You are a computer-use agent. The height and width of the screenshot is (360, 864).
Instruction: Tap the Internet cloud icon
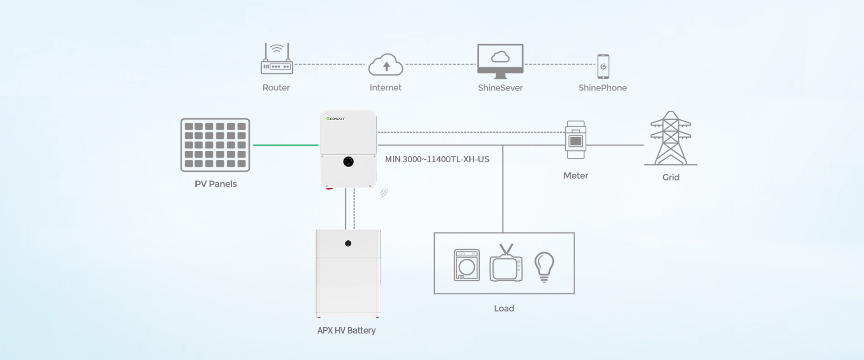pyautogui.click(x=386, y=65)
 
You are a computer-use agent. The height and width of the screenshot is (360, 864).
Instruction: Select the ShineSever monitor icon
pyautogui.click(x=500, y=61)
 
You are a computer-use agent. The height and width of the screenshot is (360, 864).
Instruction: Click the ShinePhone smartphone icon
pyautogui.click(x=603, y=67)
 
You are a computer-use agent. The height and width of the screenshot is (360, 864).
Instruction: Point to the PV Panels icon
pyautogui.click(x=215, y=145)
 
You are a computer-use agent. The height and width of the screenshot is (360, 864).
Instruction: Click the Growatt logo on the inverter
pyautogui.click(x=336, y=119)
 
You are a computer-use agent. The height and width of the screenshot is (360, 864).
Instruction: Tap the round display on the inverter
pyautogui.click(x=348, y=162)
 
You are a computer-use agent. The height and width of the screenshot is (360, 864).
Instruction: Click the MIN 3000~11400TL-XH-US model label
pyautogui.click(x=437, y=159)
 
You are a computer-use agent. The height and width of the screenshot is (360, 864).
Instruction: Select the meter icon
pyautogui.click(x=576, y=140)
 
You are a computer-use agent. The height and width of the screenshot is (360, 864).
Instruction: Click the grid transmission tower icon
pyautogui.click(x=670, y=138)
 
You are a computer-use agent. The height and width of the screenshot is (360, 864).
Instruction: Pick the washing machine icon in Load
pyautogui.click(x=467, y=265)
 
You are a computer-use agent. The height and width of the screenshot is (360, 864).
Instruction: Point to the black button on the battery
pyautogui.click(x=348, y=243)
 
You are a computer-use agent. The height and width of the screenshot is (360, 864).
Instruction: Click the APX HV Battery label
pyautogui.click(x=346, y=331)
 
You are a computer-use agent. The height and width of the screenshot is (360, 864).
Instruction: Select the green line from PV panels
pyautogui.click(x=286, y=145)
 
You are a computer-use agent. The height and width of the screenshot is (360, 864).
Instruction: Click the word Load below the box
pyautogui.click(x=504, y=309)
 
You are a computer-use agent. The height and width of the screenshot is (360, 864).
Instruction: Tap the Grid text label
pyautogui.click(x=670, y=177)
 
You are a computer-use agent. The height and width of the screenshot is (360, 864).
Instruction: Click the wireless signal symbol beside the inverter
pyautogui.click(x=383, y=192)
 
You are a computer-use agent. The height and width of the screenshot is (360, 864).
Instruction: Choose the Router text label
pyautogui.click(x=276, y=88)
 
